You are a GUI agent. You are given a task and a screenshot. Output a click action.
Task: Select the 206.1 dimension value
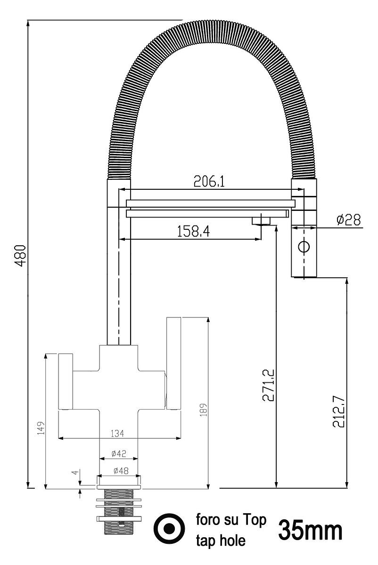click(x=209, y=181)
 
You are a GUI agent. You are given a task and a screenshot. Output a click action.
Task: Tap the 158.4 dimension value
click(x=193, y=231)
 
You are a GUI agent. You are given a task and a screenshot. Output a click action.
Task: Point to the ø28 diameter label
click(x=348, y=220)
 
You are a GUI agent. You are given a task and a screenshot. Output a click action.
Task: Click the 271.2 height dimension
click(x=268, y=385)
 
